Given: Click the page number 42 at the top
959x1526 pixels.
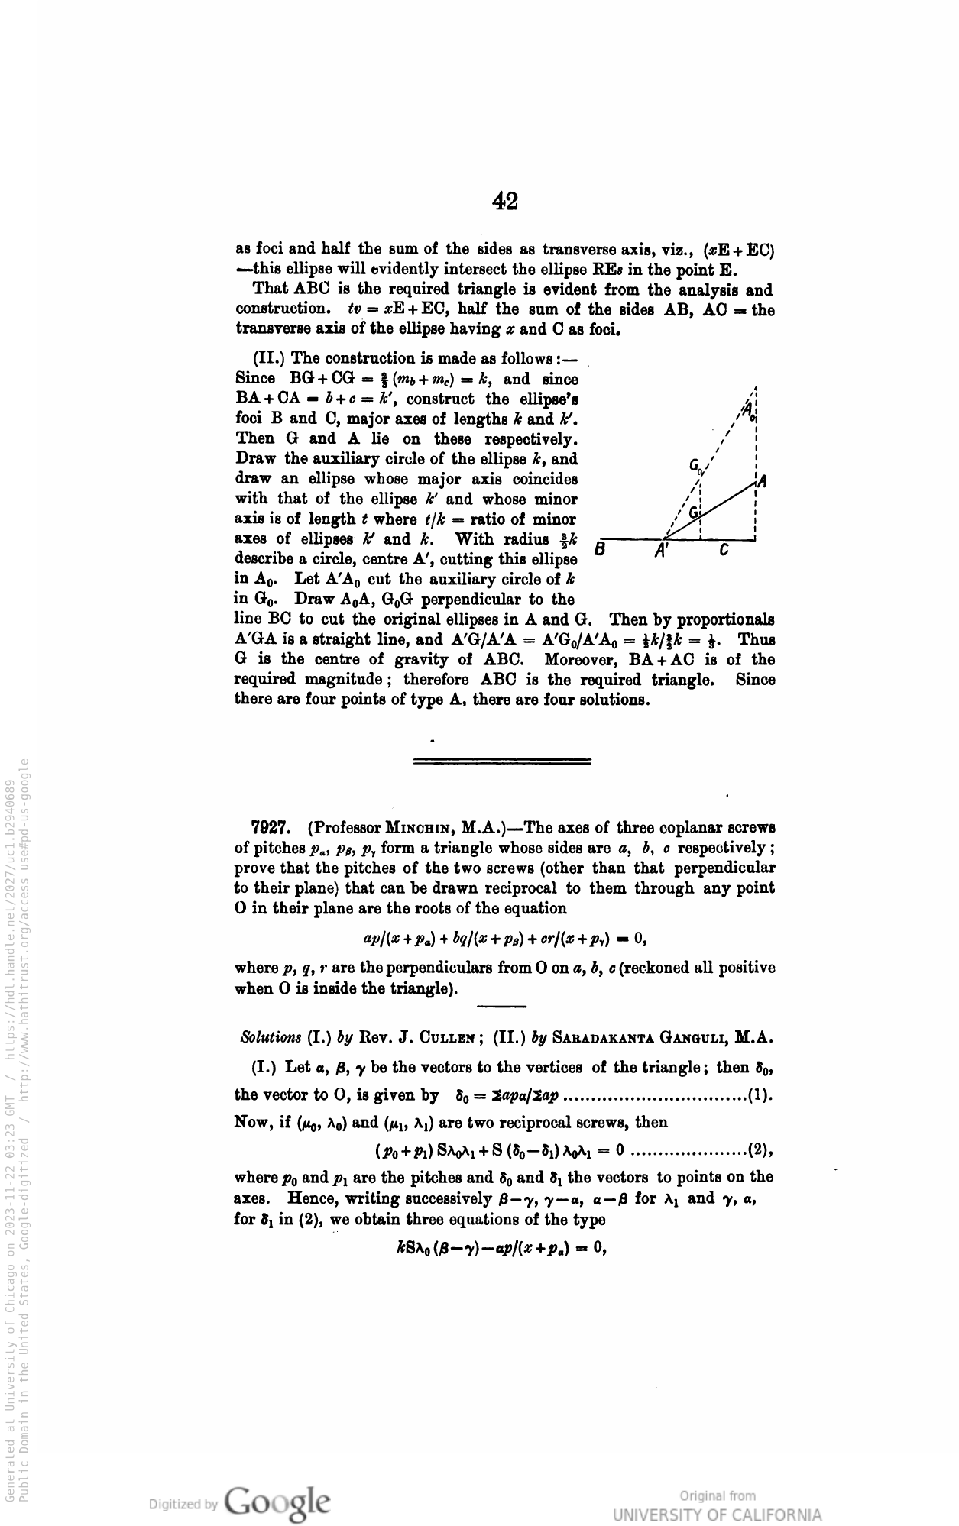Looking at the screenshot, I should point(505,201).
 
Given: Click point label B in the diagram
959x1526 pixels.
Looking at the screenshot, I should point(601,549).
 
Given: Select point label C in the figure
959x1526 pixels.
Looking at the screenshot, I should point(724,549).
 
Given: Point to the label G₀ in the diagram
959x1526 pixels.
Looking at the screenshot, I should point(696,466).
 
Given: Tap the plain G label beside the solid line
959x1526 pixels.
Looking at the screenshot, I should point(694,512).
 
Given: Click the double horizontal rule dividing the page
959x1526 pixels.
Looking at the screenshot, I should point(501,761).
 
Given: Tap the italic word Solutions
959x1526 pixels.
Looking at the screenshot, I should point(271,1037).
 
